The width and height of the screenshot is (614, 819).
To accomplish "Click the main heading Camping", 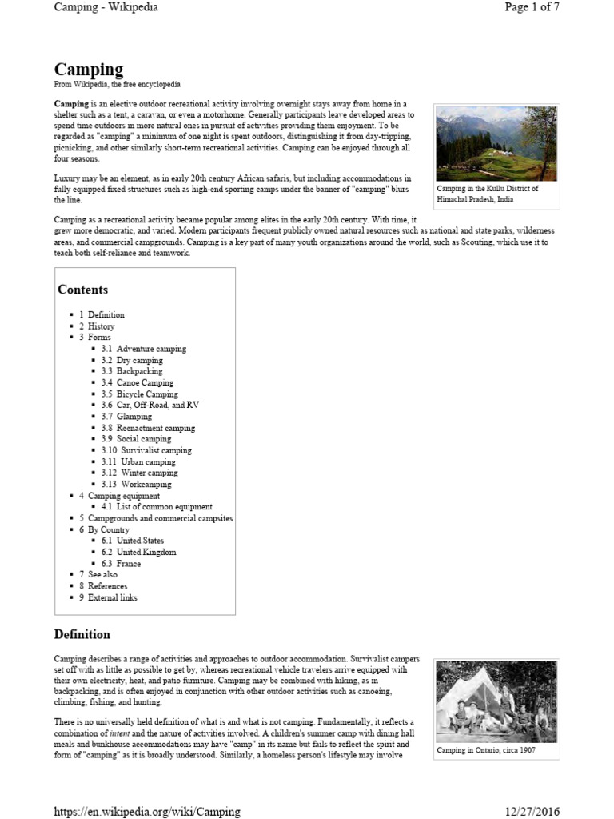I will [x=89, y=70].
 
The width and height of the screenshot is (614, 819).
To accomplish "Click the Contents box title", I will [x=82, y=290].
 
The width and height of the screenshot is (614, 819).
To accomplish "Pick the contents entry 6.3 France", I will [x=128, y=564].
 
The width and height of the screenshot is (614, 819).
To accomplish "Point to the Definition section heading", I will [x=82, y=635].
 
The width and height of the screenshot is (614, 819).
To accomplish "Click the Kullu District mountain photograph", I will [x=496, y=143].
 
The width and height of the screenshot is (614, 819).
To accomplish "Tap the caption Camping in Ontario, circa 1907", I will [x=486, y=751].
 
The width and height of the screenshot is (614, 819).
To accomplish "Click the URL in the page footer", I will [x=147, y=811].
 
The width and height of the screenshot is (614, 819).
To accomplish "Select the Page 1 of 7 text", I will [x=532, y=7].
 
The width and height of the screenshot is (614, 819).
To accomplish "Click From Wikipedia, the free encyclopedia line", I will [x=117, y=84].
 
